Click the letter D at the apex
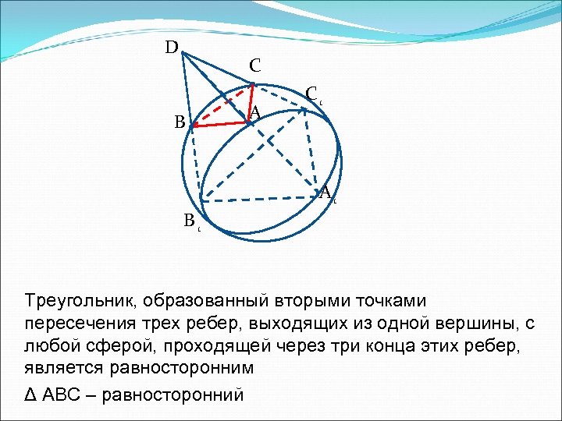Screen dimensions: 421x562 [x=171, y=48]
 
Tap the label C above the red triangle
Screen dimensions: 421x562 [x=255, y=66]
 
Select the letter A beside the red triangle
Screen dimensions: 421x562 [x=254, y=112]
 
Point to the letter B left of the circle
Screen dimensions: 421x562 [x=180, y=122]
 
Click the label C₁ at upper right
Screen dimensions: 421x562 [x=312, y=94]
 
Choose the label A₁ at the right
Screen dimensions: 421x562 [x=327, y=193]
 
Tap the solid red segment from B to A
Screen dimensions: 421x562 [x=221, y=123]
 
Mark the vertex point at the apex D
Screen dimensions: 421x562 [x=180, y=53]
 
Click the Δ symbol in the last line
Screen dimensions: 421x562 [x=31, y=395]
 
